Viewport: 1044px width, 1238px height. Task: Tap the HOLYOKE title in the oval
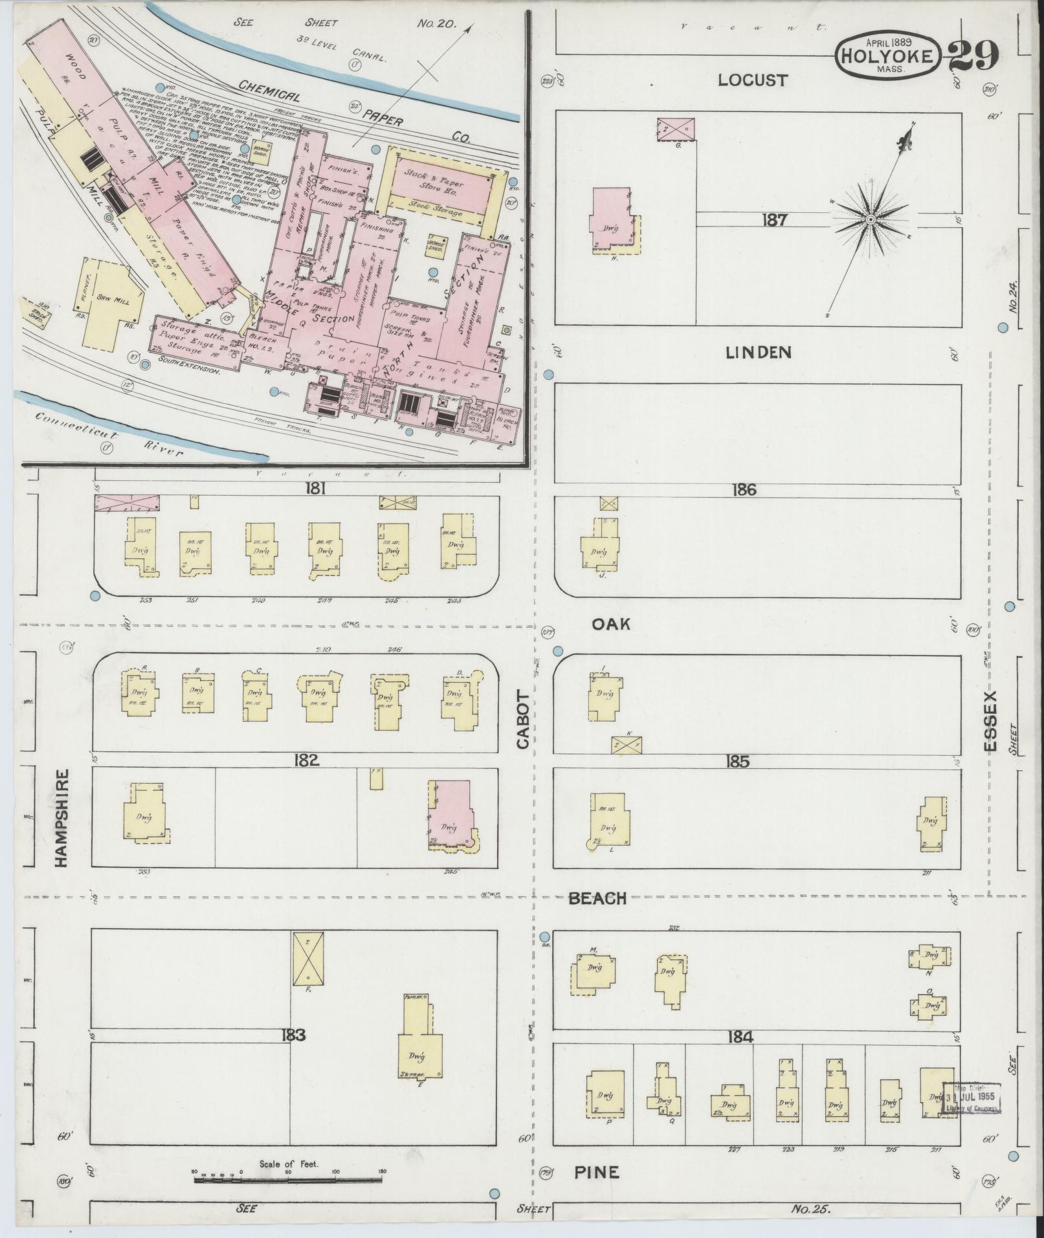[x=887, y=56]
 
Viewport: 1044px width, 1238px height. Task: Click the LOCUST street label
[x=753, y=80]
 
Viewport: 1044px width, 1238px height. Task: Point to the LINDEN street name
[x=758, y=352]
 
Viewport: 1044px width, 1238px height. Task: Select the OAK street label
[x=610, y=624]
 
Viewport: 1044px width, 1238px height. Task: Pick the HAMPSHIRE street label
[x=62, y=818]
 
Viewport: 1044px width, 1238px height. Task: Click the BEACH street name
[x=597, y=898]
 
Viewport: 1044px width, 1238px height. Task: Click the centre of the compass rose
[x=871, y=221]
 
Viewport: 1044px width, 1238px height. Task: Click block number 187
[x=773, y=220]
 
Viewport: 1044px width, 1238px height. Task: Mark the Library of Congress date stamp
[x=971, y=1098]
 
